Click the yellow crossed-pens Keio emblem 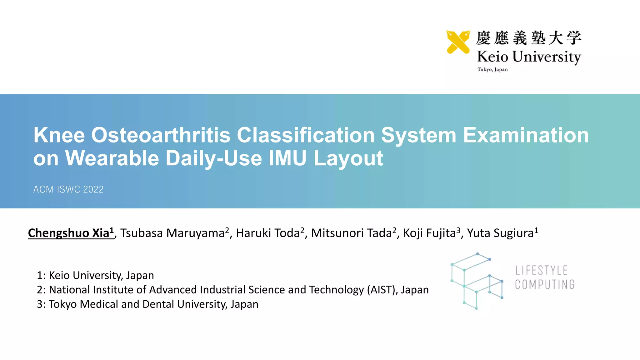(458, 42)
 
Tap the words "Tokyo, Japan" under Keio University (492, 69)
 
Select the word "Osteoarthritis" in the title (161, 135)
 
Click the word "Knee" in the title (59, 135)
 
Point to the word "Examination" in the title (526, 135)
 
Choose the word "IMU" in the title (287, 158)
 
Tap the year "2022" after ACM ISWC (93, 189)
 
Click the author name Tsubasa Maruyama (172, 233)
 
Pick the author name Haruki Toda (268, 233)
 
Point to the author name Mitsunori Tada (351, 233)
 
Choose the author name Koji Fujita (429, 233)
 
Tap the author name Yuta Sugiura (500, 233)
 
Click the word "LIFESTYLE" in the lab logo (541, 270)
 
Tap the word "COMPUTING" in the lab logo (545, 285)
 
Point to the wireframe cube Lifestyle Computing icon (477, 281)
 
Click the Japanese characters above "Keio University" (528, 38)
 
